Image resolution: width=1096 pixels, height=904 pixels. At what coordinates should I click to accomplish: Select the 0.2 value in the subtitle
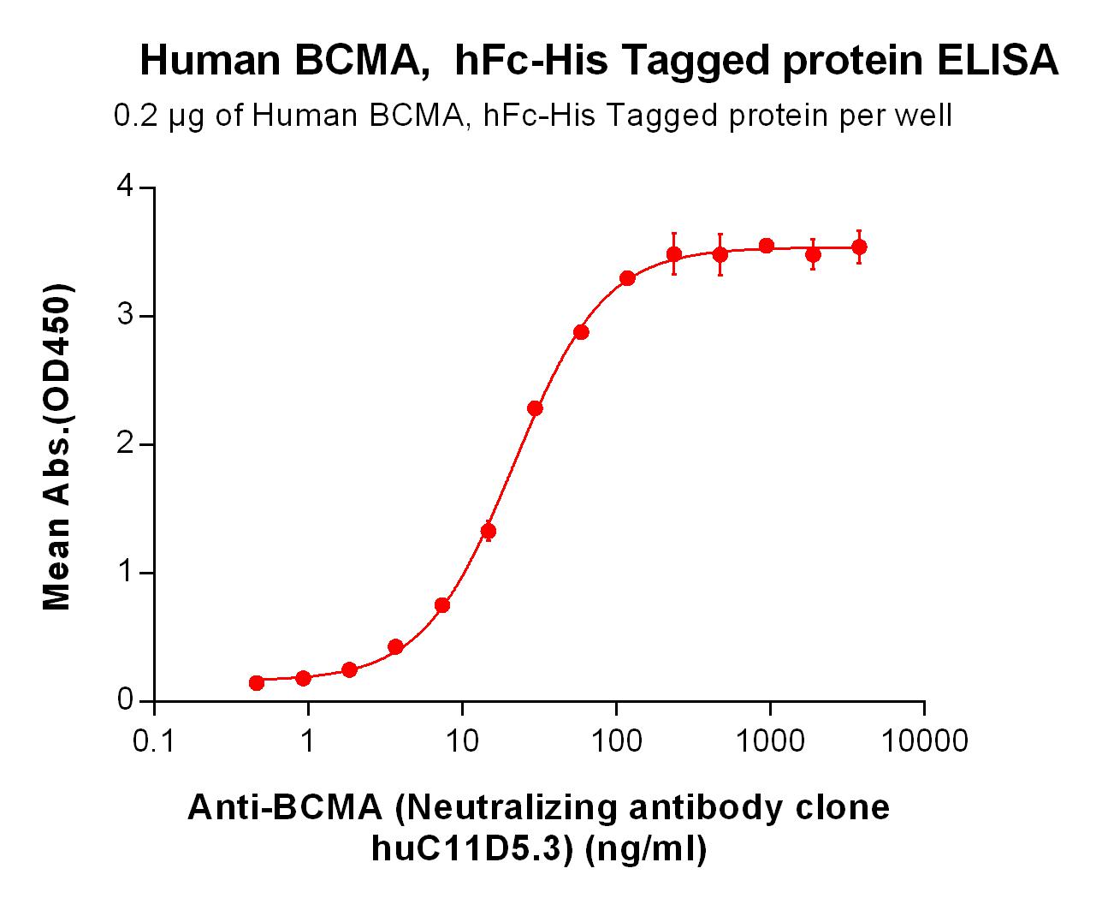click(x=135, y=116)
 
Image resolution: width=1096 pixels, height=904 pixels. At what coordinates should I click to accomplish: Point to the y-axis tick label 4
click(x=126, y=186)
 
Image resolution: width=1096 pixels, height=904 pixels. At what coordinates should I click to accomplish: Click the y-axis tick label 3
click(x=126, y=315)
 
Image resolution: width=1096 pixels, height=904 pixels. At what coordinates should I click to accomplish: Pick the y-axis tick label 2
click(x=126, y=443)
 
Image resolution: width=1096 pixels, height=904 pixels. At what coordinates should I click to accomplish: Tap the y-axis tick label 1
click(x=126, y=572)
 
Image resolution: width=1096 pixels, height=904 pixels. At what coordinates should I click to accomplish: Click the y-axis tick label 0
click(x=126, y=699)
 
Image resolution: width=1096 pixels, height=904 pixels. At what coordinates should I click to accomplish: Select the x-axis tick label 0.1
click(x=153, y=741)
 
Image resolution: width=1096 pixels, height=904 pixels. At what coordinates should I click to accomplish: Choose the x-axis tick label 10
click(x=462, y=741)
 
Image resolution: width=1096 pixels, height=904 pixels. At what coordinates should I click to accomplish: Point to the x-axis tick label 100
click(x=616, y=741)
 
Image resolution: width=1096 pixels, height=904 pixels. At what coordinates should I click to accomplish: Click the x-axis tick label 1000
click(x=770, y=741)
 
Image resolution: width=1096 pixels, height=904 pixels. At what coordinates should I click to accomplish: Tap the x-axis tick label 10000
click(x=924, y=741)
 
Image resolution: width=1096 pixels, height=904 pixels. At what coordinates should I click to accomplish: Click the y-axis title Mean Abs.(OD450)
click(x=56, y=447)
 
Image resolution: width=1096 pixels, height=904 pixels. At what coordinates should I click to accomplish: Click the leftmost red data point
click(x=256, y=683)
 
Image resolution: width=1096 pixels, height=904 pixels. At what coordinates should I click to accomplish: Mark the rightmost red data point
click(x=859, y=247)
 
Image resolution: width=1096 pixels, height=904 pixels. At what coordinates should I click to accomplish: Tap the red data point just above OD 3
click(x=581, y=332)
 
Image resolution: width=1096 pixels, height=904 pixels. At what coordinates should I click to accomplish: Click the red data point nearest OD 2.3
click(x=535, y=408)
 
